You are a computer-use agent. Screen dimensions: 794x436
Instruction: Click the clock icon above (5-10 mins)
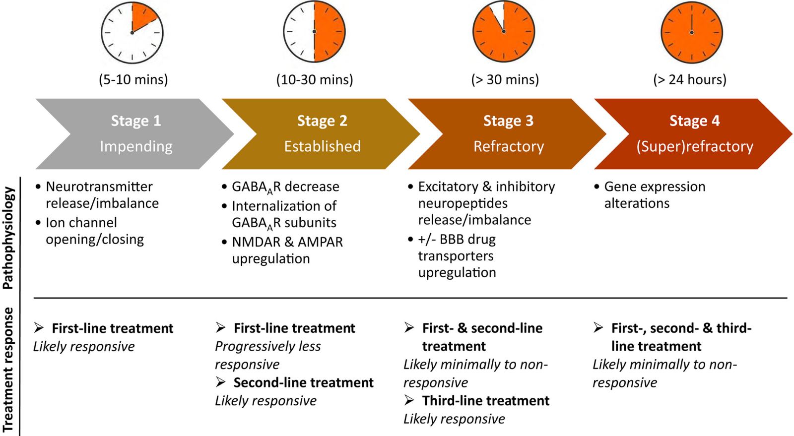132,33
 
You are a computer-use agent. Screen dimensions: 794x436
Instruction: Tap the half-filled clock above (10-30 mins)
315,32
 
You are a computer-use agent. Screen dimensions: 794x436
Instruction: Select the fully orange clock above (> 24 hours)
692,33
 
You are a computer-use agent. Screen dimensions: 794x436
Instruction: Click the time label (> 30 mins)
505,79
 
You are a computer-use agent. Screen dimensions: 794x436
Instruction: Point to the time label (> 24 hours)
690,79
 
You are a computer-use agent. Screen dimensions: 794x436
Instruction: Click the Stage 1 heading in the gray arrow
136,121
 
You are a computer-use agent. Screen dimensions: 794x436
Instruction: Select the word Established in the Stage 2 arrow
322,146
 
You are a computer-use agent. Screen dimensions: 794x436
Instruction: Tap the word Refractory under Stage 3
509,146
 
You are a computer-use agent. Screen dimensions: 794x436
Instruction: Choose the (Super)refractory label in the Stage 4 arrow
695,146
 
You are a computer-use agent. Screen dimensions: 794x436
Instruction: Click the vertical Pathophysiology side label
8,238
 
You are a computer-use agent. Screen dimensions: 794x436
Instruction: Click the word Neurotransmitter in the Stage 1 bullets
99,187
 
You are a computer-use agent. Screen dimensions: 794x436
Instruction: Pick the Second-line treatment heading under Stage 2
303,382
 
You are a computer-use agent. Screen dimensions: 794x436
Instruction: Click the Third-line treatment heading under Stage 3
486,401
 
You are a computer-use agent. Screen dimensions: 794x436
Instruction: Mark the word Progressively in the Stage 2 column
255,346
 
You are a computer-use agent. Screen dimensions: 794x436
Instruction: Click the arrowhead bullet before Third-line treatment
409,401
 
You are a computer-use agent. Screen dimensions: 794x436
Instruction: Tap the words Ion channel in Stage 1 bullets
81,223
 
